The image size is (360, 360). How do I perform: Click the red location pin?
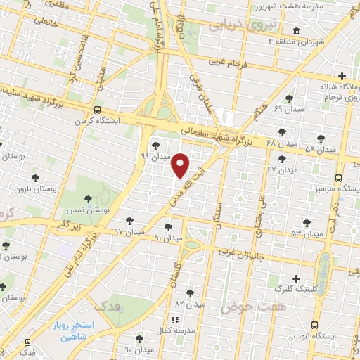(181, 165)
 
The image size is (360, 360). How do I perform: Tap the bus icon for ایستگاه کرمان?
(97, 110)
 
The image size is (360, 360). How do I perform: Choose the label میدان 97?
(129, 231)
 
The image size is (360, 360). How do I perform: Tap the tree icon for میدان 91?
(168, 227)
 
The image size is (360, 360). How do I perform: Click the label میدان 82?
(191, 305)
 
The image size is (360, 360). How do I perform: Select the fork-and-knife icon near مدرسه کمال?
(174, 320)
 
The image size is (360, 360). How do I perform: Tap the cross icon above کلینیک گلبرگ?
(296, 279)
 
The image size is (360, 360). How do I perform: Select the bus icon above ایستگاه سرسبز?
(338, 178)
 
